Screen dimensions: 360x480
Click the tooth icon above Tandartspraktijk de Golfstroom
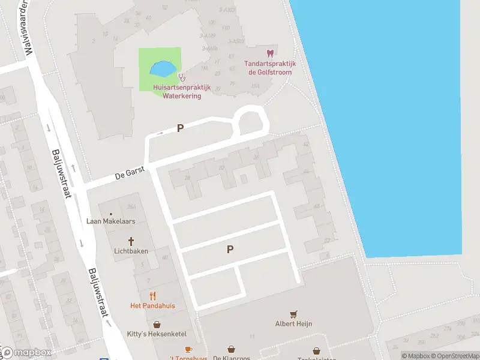tap(269, 53)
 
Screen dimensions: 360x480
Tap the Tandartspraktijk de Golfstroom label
tap(269, 68)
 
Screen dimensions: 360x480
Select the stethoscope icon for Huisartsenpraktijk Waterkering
tap(181, 77)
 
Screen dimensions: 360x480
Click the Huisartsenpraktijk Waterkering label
tap(177, 92)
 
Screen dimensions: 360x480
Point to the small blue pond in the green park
tap(163, 69)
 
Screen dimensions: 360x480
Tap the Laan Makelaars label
tap(111, 221)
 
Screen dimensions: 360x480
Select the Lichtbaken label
tap(131, 251)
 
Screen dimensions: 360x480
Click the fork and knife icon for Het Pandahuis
tap(152, 295)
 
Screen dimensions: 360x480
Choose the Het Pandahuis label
tap(152, 305)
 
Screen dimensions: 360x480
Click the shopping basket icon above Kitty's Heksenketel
tap(157, 324)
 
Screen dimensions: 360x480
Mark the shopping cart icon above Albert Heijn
tap(293, 314)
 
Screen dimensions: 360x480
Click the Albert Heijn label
tap(293, 324)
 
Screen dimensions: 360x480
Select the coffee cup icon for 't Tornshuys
tap(188, 349)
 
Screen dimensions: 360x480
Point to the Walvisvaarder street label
tap(25, 27)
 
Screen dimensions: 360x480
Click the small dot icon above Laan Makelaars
tap(111, 213)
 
